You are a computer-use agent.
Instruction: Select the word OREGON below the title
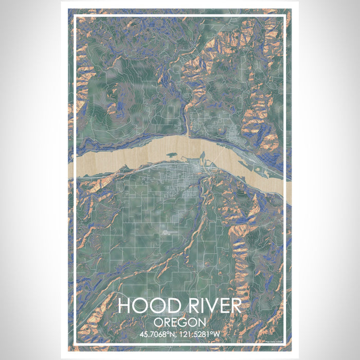click(179, 322)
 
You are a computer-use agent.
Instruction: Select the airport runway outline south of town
click(170, 232)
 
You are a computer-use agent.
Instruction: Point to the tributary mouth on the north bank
click(188, 135)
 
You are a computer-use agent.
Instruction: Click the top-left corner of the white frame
click(76, 16)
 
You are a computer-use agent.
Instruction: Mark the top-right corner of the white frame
click(284, 16)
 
